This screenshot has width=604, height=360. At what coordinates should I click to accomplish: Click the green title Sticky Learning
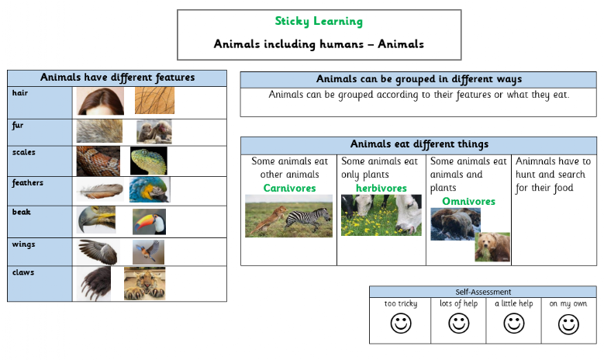[x=319, y=21]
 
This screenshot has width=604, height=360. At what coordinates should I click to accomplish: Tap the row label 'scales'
[x=23, y=152]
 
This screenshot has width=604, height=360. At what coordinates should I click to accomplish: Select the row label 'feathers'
[x=27, y=182]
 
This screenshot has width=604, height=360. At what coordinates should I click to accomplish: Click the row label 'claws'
[x=23, y=272]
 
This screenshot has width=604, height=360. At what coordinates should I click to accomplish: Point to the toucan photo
[x=149, y=222]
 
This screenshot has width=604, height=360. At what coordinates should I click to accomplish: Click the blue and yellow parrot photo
[x=150, y=189]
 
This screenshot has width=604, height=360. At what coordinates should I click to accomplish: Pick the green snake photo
[x=149, y=161]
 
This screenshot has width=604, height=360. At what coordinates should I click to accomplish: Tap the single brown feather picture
[x=100, y=190]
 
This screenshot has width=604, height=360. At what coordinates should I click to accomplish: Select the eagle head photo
[x=96, y=220]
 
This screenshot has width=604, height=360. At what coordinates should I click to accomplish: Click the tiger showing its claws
[x=145, y=284]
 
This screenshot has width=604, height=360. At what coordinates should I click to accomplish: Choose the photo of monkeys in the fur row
[x=154, y=132]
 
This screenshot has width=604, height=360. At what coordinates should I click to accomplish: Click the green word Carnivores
[x=290, y=188]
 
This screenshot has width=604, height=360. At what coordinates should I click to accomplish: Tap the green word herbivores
[x=381, y=188]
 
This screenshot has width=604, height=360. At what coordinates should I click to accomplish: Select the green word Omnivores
[x=469, y=201]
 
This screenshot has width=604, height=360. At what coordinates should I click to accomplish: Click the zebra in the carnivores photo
[x=307, y=220]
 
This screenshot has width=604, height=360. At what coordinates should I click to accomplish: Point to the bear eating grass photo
[x=492, y=247]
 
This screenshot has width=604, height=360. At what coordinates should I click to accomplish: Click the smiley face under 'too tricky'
[x=401, y=323]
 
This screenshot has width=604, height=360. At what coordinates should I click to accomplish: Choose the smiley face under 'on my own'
[x=568, y=324]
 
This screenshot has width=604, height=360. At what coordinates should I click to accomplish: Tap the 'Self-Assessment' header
[x=483, y=292]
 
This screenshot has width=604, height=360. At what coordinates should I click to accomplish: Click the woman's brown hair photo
[x=101, y=101]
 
